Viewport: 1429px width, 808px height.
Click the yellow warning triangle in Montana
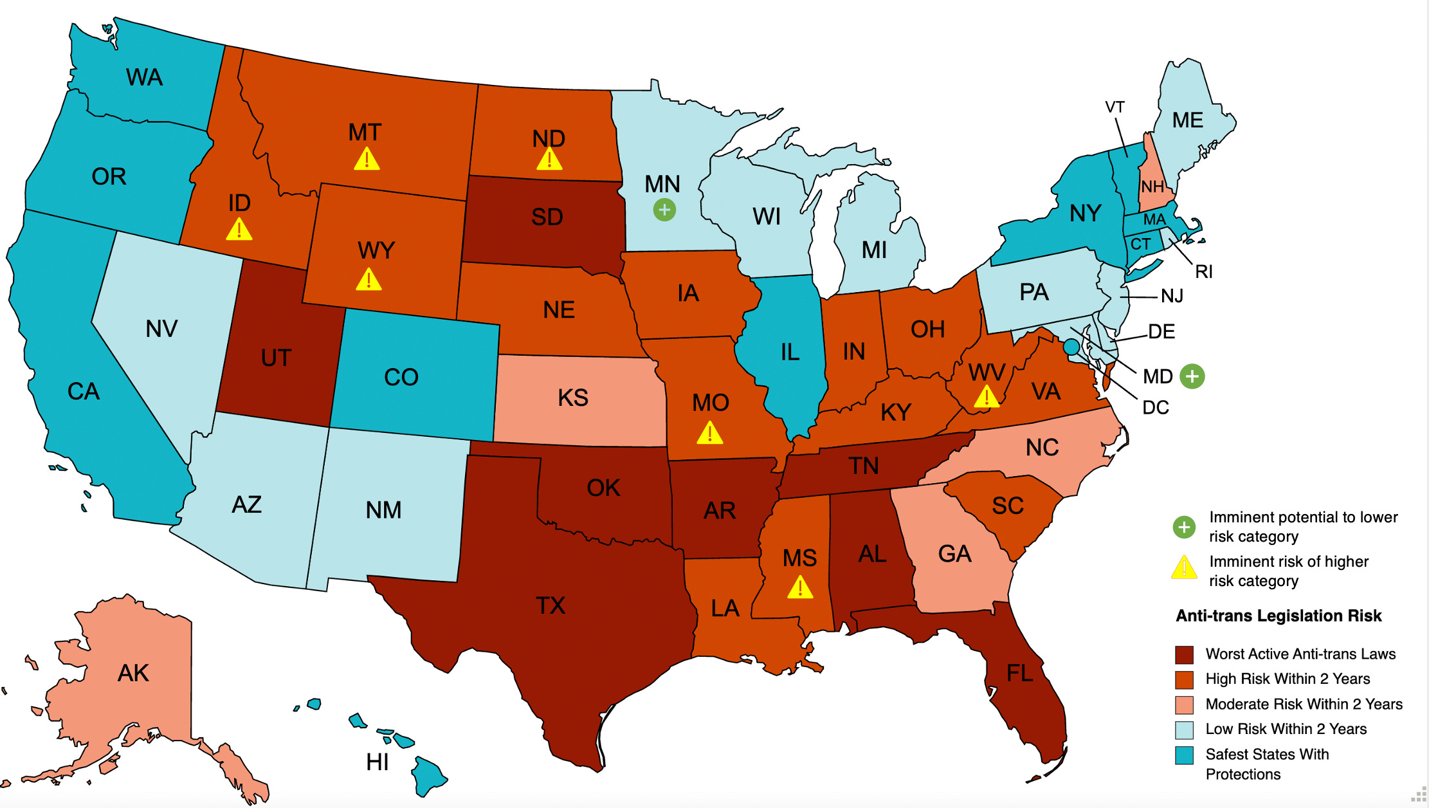(367, 160)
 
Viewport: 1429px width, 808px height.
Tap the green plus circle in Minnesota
(664, 210)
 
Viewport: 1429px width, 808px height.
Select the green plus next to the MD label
(1192, 376)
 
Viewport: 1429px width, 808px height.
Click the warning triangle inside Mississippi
(800, 587)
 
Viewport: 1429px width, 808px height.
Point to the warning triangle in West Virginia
(987, 397)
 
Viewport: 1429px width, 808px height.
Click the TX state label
(551, 605)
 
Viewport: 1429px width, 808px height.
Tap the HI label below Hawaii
(378, 762)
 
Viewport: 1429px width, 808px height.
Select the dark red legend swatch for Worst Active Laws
(1184, 655)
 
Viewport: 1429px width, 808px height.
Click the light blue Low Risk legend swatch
(1184, 730)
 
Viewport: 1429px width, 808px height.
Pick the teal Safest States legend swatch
(1184, 755)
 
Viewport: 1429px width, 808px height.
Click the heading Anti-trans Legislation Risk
(1279, 616)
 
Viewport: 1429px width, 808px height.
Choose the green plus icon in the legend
(1184, 528)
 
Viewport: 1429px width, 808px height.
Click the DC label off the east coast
(1155, 408)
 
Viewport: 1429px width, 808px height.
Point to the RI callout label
(1203, 272)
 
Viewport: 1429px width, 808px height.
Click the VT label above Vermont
(1115, 107)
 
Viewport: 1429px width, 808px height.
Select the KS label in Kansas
(573, 398)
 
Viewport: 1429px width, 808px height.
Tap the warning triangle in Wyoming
(369, 280)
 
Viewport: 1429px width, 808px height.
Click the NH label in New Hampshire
(1152, 187)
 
